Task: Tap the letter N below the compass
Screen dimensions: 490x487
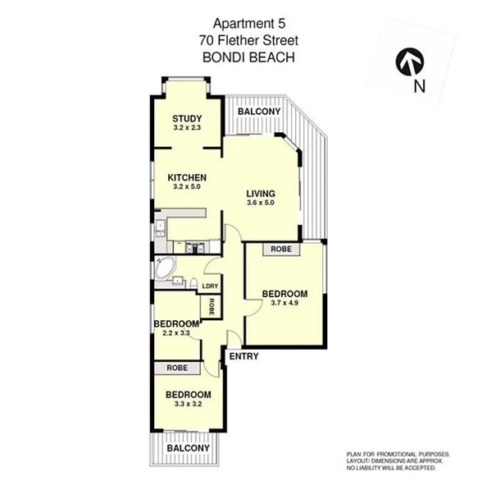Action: [419, 85]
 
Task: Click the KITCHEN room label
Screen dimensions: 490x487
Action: [187, 177]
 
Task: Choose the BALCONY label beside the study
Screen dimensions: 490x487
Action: [258, 112]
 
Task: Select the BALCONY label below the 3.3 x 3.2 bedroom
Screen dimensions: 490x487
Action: [187, 449]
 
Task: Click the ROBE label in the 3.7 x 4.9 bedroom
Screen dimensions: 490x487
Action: [280, 248]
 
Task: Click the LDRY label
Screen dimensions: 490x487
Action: [210, 286]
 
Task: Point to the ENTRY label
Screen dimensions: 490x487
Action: [244, 356]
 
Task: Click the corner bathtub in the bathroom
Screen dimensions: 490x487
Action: [165, 267]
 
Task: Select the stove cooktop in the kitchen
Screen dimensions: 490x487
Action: [195, 244]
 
